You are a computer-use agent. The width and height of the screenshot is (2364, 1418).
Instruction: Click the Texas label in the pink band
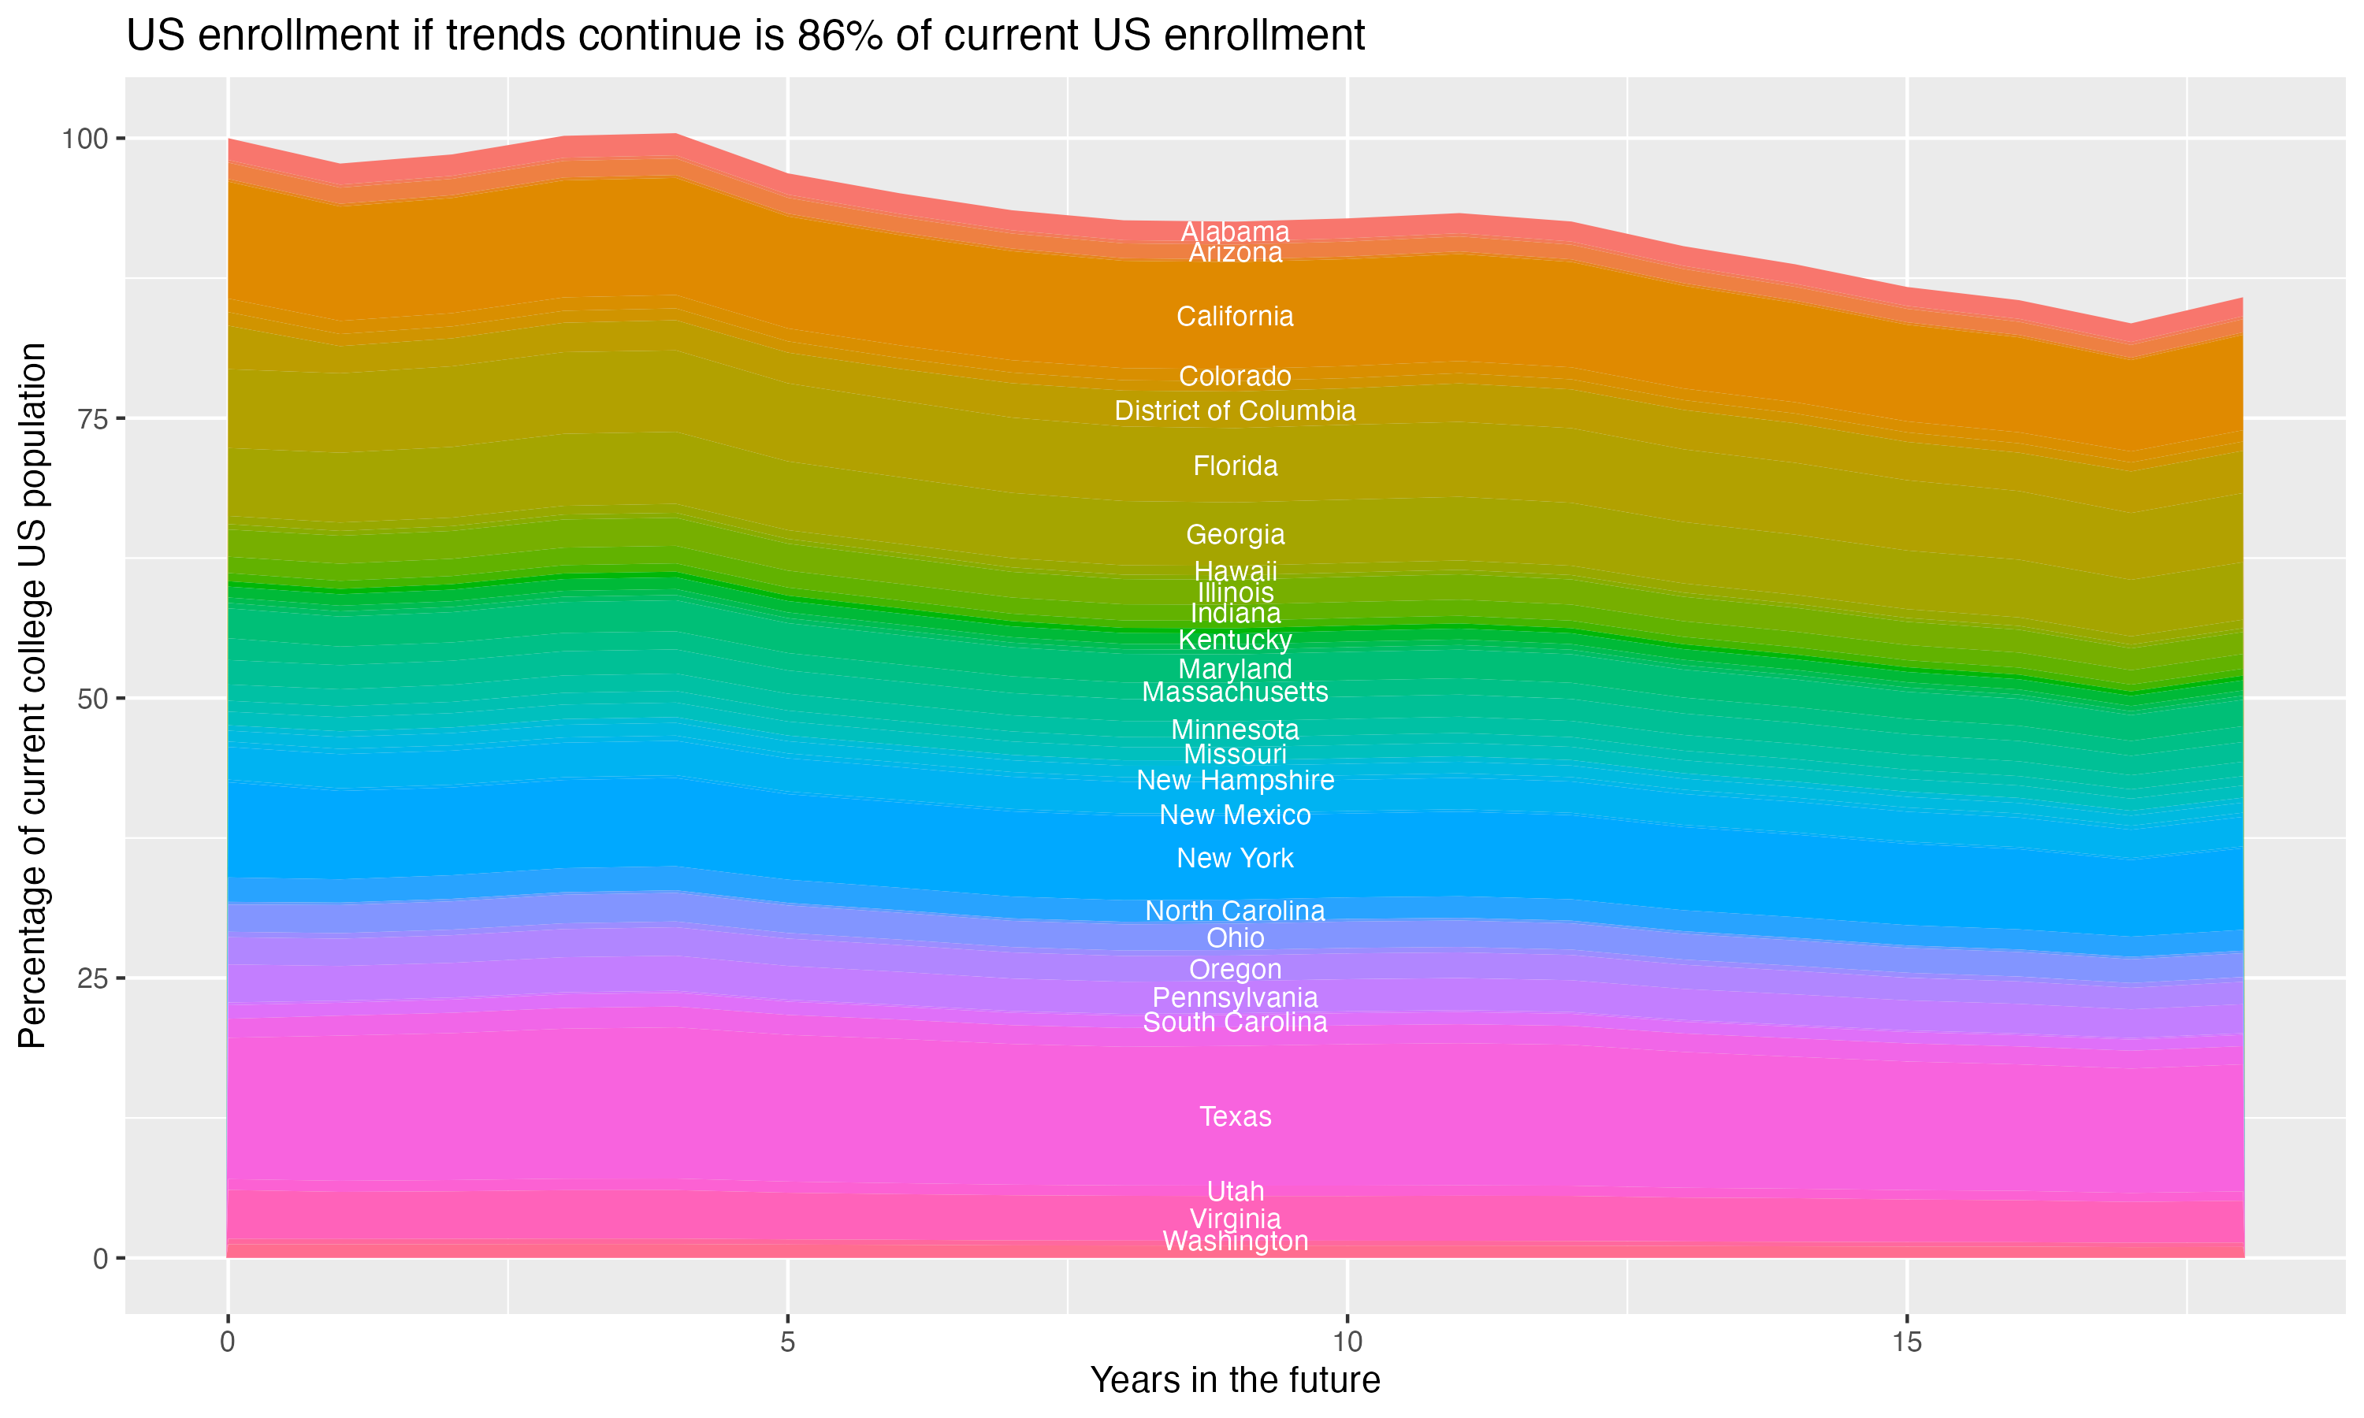pyautogui.click(x=1235, y=1116)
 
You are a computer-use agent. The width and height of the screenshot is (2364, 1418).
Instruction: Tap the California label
pyautogui.click(x=1235, y=316)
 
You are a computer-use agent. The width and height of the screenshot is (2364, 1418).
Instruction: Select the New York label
pyautogui.click(x=1235, y=858)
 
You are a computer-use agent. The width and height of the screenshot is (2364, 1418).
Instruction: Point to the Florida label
pyautogui.click(x=1235, y=466)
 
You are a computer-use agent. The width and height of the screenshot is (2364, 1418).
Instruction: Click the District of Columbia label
pyautogui.click(x=1235, y=411)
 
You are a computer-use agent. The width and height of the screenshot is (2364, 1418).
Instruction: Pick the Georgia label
pyautogui.click(x=1235, y=534)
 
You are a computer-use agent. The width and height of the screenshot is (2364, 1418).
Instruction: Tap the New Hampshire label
pyautogui.click(x=1235, y=780)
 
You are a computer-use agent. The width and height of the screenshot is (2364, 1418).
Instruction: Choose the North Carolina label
pyautogui.click(x=1235, y=911)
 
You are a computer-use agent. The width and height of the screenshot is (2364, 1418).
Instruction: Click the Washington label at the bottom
pyautogui.click(x=1235, y=1242)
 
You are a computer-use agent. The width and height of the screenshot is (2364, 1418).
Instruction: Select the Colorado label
pyautogui.click(x=1235, y=377)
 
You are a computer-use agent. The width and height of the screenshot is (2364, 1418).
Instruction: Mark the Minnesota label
pyautogui.click(x=1235, y=730)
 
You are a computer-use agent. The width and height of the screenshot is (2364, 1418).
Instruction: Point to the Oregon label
pyautogui.click(x=1235, y=969)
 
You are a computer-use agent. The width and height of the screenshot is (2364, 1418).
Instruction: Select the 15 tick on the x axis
pyautogui.click(x=1906, y=1342)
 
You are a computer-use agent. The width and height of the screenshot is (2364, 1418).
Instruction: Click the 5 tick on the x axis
pyautogui.click(x=787, y=1342)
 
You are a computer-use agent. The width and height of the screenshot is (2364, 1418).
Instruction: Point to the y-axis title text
pyautogui.click(x=32, y=695)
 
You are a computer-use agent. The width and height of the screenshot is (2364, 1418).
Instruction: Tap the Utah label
pyautogui.click(x=1235, y=1192)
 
